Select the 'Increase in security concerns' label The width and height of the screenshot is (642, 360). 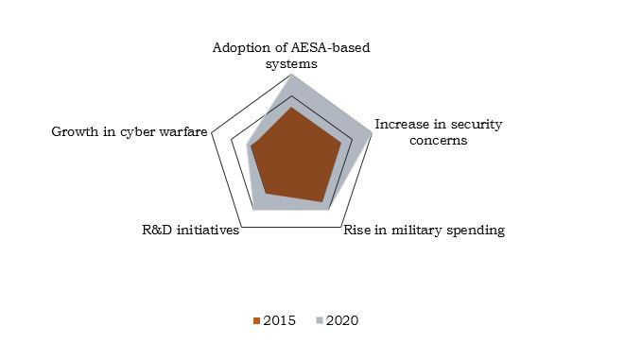438,132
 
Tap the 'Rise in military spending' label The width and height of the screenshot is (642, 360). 423,230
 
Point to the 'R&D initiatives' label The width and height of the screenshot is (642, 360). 188,230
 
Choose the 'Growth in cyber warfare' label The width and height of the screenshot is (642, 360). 129,132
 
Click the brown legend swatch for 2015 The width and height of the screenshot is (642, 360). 256,321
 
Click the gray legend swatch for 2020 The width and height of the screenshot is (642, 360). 321,321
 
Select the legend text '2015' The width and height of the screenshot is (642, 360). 279,321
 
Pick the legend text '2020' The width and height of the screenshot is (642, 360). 343,321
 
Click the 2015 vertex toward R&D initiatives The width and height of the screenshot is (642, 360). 265,194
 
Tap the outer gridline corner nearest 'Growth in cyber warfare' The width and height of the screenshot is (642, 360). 212,133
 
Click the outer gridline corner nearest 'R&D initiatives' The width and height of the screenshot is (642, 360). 242,226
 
